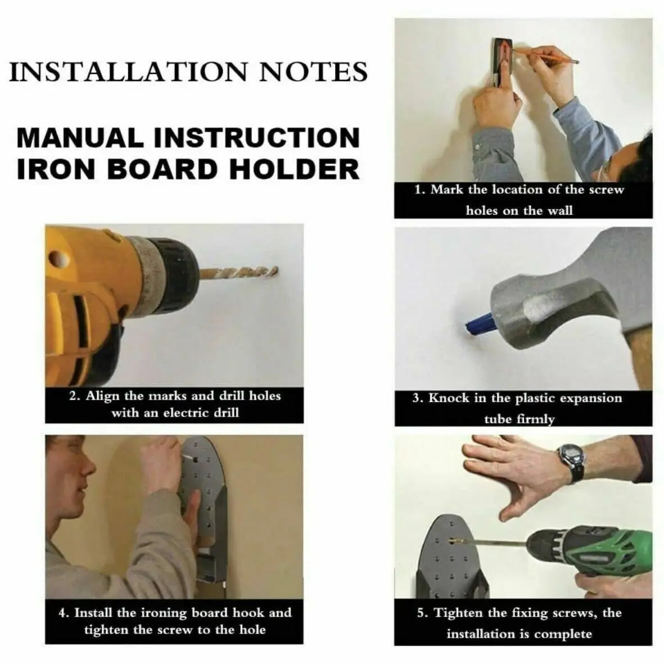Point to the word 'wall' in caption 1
pos(560,210)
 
